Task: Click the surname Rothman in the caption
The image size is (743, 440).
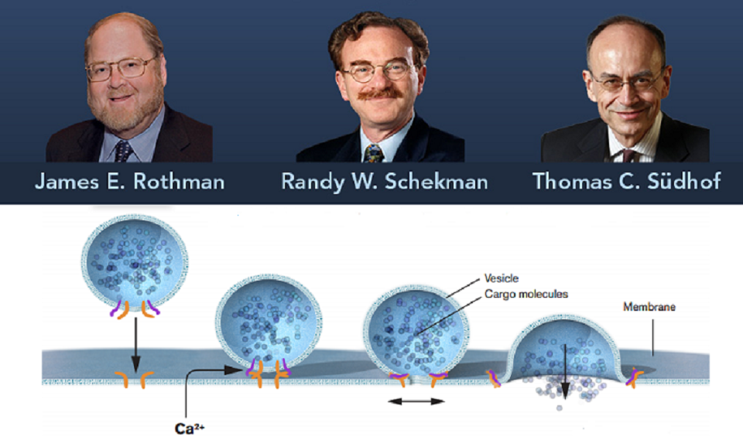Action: (179, 182)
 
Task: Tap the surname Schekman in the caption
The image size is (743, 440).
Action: (437, 182)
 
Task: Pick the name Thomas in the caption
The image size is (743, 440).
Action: (573, 182)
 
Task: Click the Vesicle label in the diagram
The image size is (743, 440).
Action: (502, 278)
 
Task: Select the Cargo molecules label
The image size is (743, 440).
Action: (526, 294)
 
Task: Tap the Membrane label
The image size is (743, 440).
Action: (649, 307)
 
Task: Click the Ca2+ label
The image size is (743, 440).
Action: (190, 428)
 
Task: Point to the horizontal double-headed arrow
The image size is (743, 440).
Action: (416, 401)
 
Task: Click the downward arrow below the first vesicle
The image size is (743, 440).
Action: (136, 345)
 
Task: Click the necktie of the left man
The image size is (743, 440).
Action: (123, 151)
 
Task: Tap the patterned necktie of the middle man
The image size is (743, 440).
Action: (373, 153)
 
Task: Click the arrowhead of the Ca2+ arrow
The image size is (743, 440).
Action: (234, 370)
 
